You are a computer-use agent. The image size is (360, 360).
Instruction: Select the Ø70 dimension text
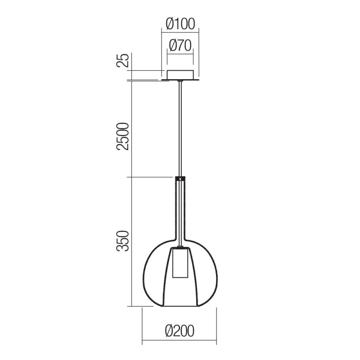coord(180,45)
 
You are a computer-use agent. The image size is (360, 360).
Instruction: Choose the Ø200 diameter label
coord(180,332)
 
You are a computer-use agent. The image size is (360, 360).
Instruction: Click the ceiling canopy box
coord(180,75)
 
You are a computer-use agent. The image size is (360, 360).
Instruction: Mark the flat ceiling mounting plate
coord(180,80)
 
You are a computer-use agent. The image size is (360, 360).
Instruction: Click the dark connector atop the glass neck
coord(180,178)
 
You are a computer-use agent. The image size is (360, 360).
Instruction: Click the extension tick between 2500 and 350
coord(151,177)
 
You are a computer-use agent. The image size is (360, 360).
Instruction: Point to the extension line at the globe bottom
coord(144,306)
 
